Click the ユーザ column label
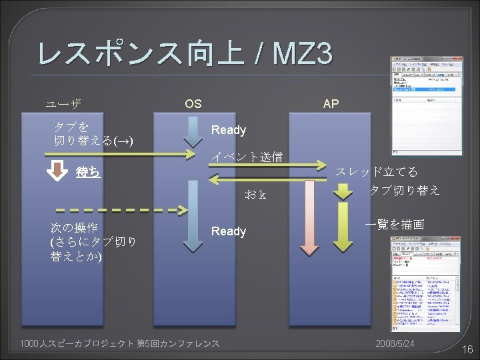(63, 104)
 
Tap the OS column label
(193, 104)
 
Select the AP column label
(330, 104)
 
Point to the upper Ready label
(229, 131)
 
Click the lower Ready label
(229, 231)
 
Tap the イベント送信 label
(247, 157)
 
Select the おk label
(255, 195)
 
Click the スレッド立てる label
(377, 172)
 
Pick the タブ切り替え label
(405, 190)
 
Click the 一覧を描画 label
(395, 225)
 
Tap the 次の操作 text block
(94, 241)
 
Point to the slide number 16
(467, 349)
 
